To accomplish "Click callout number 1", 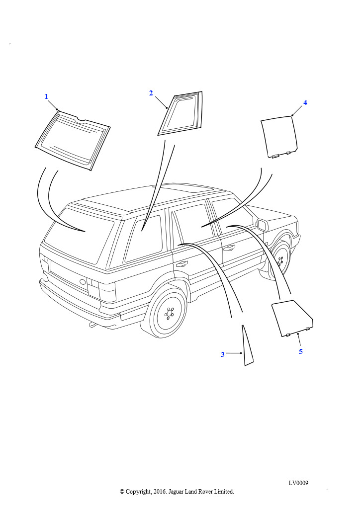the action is coord(46,96).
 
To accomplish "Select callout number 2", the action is coord(151,93).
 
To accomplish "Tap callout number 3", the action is coord(223,354).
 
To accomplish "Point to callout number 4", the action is coord(305,102).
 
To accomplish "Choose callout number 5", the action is coord(301,351).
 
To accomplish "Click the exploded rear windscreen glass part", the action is coord(73,140).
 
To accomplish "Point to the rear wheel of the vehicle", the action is coord(168,313).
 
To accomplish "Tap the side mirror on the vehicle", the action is coord(262,225).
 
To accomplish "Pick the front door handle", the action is coord(229,249).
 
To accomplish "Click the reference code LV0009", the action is coord(298,483).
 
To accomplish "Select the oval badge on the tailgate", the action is coord(83,282).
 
